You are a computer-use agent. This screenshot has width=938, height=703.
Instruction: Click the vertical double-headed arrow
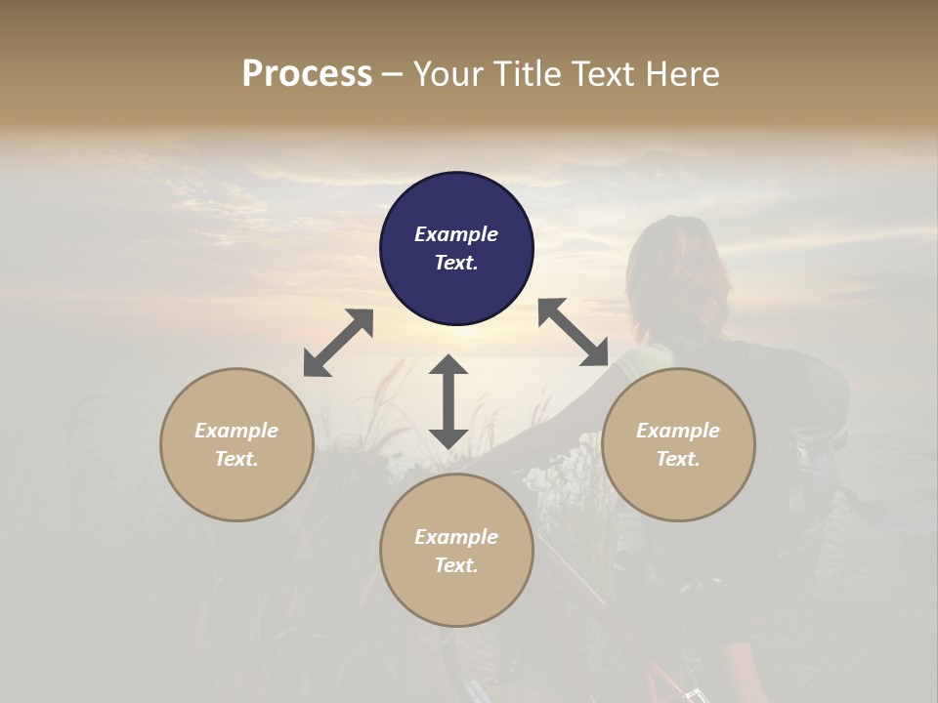(448, 401)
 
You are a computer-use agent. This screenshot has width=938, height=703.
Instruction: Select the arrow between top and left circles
(338, 343)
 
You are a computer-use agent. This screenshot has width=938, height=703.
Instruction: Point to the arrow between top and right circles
(573, 332)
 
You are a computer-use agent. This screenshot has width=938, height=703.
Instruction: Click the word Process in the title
(307, 73)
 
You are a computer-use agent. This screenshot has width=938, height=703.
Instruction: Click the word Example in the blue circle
(456, 234)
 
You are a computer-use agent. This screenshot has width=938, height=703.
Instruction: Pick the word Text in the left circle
(236, 459)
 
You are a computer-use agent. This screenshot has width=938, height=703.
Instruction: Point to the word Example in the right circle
(678, 431)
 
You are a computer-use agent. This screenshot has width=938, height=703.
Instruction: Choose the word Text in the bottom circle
(456, 565)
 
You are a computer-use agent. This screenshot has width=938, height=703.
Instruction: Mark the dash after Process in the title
(392, 74)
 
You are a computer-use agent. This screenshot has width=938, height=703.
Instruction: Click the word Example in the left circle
(236, 431)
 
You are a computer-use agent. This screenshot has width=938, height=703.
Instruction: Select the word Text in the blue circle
(456, 263)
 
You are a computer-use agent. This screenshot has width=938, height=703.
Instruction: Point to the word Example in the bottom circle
(456, 537)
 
